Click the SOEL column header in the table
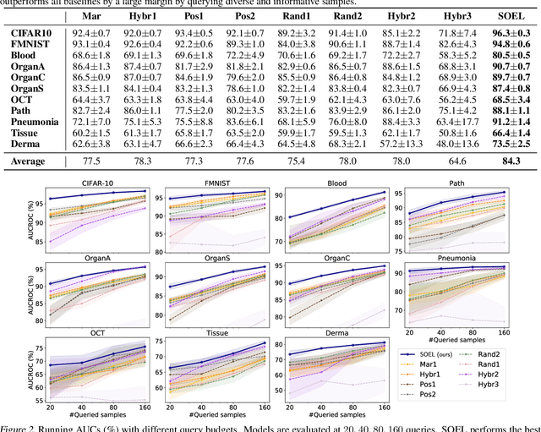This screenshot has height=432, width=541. click(x=505, y=16)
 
